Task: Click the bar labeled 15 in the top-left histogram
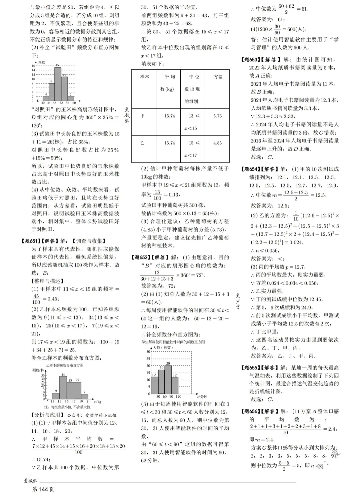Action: coord(58,83)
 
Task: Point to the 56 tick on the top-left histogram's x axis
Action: coord(68,103)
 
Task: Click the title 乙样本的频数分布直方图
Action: coord(65,365)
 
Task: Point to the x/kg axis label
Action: coord(98,402)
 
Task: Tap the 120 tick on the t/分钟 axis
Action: coord(178,397)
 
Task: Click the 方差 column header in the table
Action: coord(218,77)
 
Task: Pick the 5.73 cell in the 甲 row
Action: coord(217,116)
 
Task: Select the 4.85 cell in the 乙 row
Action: coord(217,143)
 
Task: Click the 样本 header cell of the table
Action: coord(144,77)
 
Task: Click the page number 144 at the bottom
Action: coord(44,489)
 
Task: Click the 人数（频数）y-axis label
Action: coord(163,347)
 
